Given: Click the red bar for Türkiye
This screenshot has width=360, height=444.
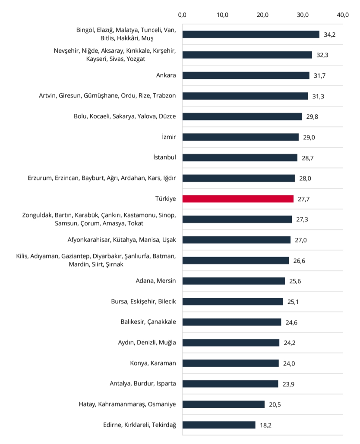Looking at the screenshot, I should pos(238,199).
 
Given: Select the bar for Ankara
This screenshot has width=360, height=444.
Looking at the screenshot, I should pos(246,76).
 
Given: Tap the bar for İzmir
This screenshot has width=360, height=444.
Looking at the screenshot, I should pos(240,137).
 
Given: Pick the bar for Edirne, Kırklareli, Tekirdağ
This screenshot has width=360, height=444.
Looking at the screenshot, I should pos(219,425).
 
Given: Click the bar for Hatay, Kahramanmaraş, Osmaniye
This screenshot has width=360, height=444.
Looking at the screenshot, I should pos(224,404).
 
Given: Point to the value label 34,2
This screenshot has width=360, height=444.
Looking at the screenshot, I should pos(330,35).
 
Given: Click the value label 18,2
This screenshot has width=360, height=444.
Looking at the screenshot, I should pos(266,425).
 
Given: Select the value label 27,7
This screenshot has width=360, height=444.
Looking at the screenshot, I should pos(304,199).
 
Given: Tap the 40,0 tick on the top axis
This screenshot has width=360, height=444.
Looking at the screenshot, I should pos(343,15).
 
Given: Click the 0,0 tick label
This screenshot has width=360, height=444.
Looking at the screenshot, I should pos(182,15).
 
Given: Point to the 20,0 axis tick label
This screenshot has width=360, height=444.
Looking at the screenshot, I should pos(262,15).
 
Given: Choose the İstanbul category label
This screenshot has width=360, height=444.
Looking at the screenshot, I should pos(164,157).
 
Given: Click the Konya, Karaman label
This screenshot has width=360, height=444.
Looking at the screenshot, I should pos(153,363).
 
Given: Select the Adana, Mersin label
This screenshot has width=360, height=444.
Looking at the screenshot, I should pos(156,281).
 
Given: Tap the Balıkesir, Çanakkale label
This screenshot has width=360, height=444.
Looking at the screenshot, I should pos(148,322).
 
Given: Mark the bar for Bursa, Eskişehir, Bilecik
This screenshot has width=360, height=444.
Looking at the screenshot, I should pos(233,302).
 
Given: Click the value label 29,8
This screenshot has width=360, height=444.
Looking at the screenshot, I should pos(312,117).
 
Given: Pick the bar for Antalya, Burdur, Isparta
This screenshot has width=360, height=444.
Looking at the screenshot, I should pos(230,384).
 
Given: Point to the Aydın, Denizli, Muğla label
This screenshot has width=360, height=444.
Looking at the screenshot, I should pos(148,343).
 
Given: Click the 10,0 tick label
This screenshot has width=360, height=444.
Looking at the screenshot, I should pos(222,15).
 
